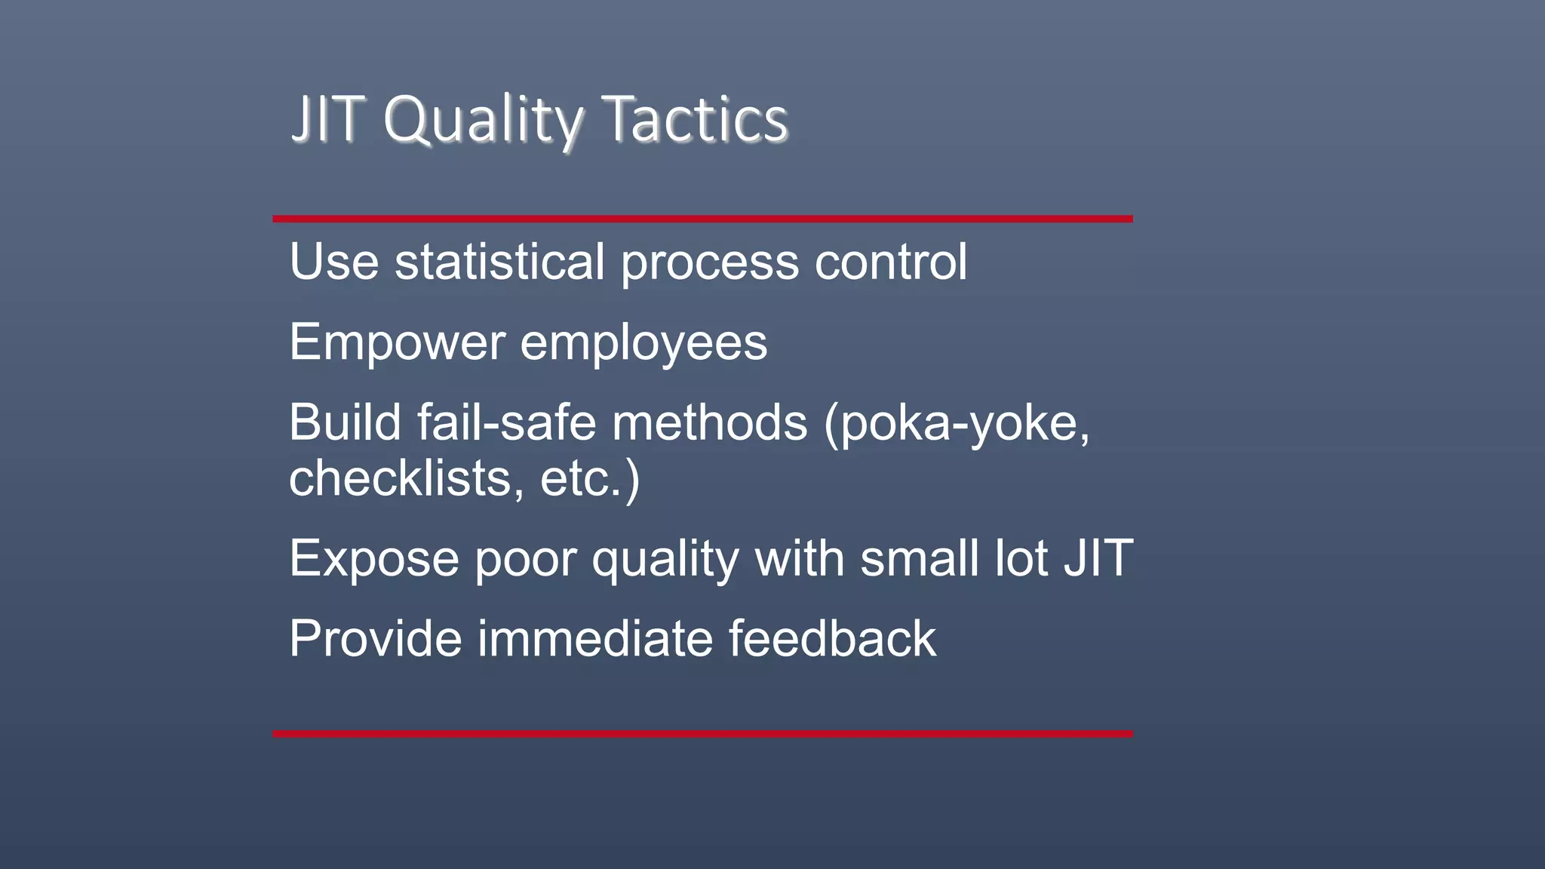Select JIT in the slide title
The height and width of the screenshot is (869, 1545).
tap(328, 119)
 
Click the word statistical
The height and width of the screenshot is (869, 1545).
tap(499, 262)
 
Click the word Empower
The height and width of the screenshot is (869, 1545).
tap(397, 343)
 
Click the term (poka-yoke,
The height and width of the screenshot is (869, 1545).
tap(957, 424)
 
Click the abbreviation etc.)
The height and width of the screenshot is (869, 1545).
tap(590, 480)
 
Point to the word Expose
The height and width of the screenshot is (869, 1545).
tap(374, 560)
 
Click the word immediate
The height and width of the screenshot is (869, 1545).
tap(595, 639)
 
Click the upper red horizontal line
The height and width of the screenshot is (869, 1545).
tap(702, 219)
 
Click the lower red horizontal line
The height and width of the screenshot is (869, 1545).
tap(702, 733)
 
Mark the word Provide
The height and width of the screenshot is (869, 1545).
tap(375, 639)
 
